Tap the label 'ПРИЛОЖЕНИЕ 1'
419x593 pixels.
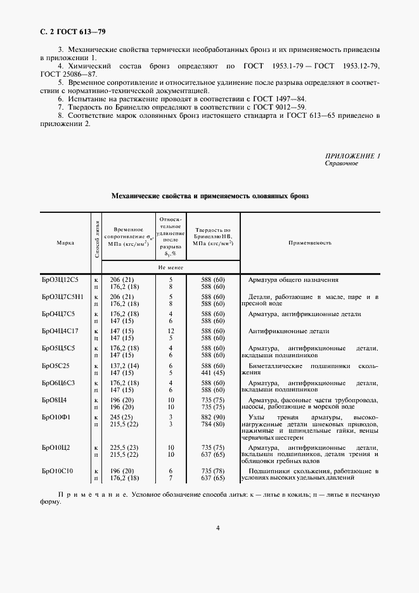352,156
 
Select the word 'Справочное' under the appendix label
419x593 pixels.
341,163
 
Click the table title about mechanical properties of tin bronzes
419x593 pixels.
209,197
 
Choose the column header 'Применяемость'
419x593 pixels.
310,243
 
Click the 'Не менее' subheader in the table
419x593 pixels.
171,267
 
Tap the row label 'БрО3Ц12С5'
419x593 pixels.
60,279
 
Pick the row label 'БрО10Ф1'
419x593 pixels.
56,418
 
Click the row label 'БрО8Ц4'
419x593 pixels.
55,400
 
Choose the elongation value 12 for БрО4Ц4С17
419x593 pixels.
171,331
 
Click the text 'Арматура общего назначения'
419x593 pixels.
293,279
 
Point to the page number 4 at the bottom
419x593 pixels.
217,528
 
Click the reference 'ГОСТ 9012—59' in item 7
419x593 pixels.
283,108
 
